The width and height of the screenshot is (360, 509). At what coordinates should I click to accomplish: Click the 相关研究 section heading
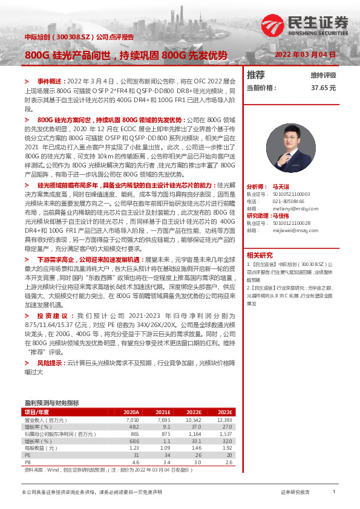tap(260, 254)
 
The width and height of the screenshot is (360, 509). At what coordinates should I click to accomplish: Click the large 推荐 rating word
tap(256, 75)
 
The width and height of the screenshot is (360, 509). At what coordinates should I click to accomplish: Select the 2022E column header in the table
tap(193, 412)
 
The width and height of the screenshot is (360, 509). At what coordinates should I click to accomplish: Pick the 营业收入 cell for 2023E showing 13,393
tap(224, 420)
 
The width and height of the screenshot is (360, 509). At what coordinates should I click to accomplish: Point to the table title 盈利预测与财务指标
tap(51, 402)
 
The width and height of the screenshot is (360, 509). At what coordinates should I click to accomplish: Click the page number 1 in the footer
tap(334, 493)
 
